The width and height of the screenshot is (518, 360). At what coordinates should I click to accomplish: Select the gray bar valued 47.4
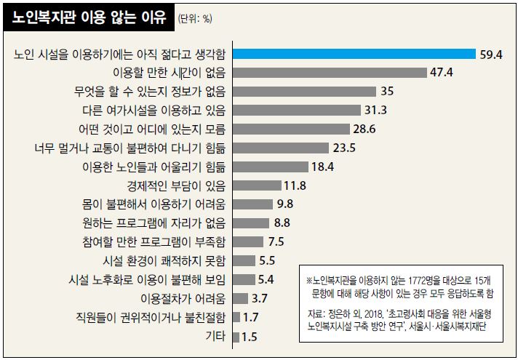[x=328, y=72]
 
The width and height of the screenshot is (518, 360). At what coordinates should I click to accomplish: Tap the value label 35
[x=387, y=91]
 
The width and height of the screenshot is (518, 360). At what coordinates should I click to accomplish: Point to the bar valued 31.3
[x=296, y=110]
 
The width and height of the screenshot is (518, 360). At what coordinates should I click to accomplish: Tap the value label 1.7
[x=251, y=318]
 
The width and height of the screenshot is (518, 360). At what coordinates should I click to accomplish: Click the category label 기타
[x=215, y=337]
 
